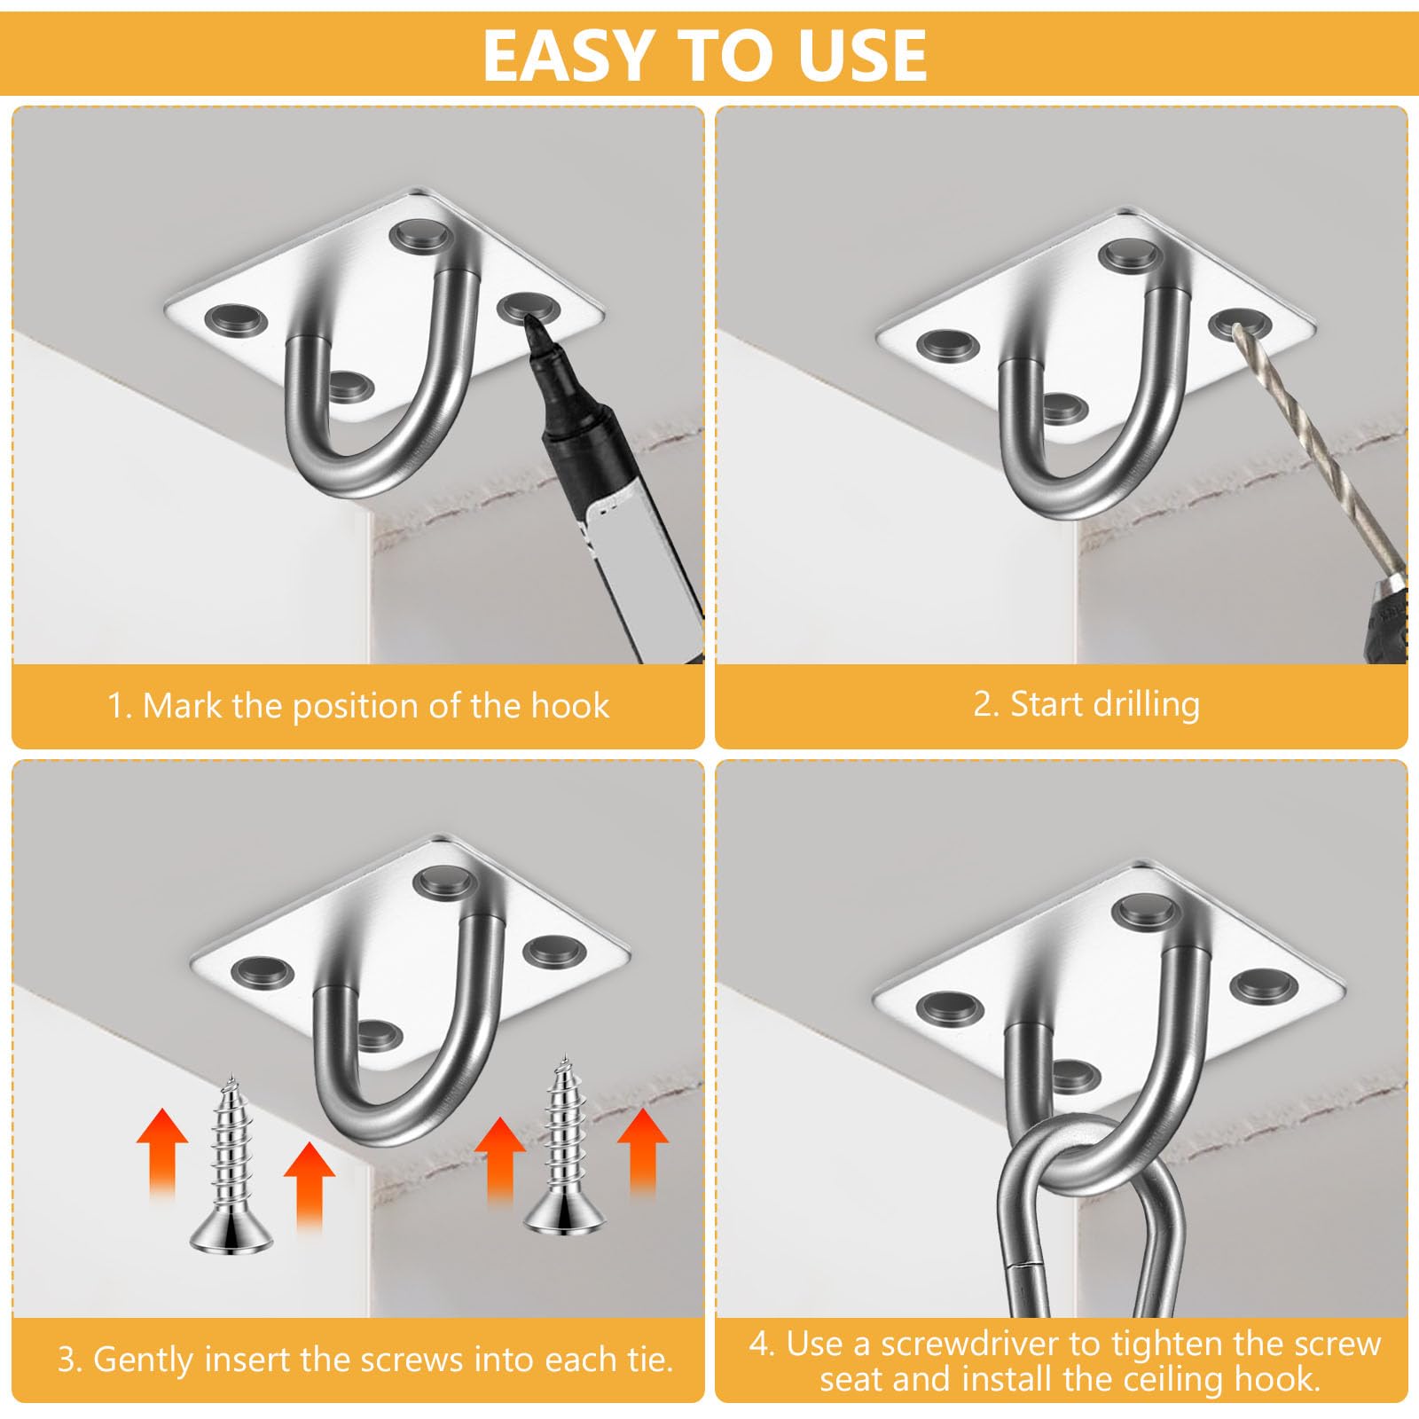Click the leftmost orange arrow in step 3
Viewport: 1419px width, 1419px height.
tap(162, 1152)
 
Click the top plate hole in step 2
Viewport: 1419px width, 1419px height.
tap(1132, 255)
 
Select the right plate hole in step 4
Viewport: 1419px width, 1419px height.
tap(1263, 984)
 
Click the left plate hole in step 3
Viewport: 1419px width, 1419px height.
tap(263, 973)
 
